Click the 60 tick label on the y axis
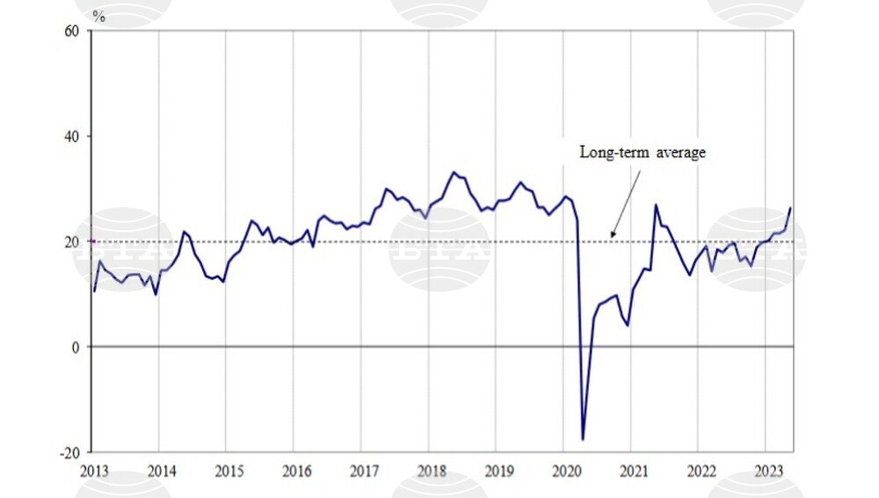(73, 31)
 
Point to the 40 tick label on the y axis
(73, 136)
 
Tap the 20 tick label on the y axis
(73, 242)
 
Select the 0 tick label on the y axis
(76, 347)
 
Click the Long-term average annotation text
(643, 153)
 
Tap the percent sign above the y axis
(98, 16)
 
